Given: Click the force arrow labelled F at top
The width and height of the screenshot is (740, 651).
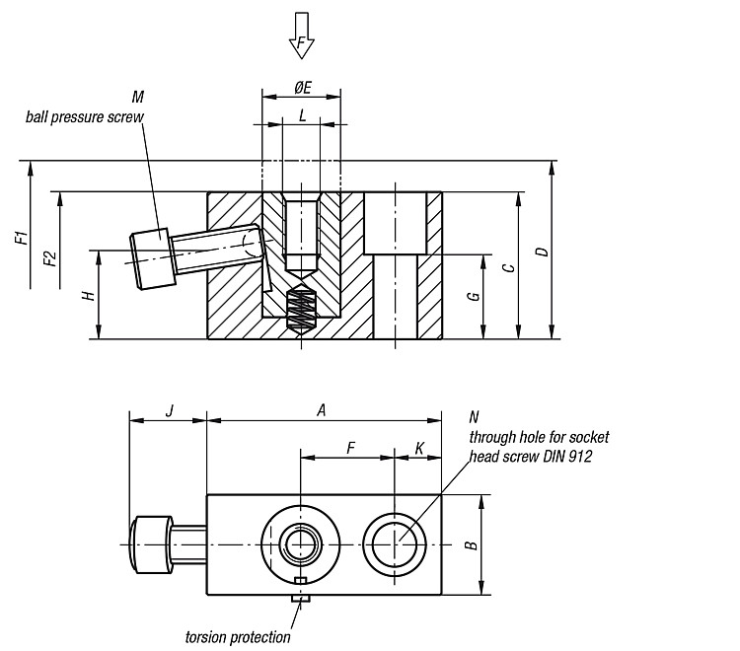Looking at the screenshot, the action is click(301, 36).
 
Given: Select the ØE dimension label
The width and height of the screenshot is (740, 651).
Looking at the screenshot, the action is click(303, 87).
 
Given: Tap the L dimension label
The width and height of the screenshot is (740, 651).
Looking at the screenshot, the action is click(302, 115).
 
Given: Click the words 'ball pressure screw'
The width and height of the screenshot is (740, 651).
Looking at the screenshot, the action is click(85, 116).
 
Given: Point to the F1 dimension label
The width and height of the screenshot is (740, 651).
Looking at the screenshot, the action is click(22, 238).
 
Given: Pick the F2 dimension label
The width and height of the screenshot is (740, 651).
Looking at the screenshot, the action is click(50, 259).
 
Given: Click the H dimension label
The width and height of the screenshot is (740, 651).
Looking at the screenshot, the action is click(89, 296).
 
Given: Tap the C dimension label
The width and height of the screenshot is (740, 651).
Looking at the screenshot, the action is click(508, 267).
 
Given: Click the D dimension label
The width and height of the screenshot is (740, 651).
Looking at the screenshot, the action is click(543, 252).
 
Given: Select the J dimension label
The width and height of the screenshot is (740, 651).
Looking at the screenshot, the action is click(170, 410).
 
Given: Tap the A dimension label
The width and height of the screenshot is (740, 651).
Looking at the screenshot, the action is click(322, 410).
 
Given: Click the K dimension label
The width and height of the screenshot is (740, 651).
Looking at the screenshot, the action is click(419, 448).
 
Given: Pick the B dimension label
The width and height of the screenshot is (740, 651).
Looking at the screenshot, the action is click(471, 544).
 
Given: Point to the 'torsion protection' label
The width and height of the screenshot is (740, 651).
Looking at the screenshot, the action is click(238, 637).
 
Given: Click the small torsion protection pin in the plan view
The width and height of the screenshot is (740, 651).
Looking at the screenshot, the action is click(301, 599).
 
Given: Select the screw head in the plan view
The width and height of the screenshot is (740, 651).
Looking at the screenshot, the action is click(151, 544).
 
